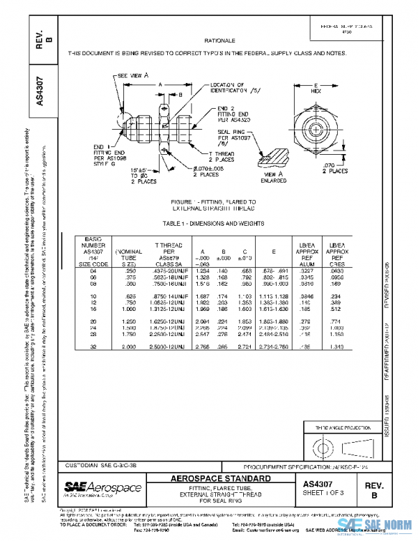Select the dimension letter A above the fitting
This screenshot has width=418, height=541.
pyautogui.click(x=160, y=82)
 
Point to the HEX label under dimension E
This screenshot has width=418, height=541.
pyautogui.click(x=315, y=91)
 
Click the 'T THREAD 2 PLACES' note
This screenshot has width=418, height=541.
pyautogui.click(x=222, y=155)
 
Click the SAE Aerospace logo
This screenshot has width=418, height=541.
pyautogui.click(x=102, y=487)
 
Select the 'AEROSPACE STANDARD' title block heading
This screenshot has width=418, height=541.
pyautogui.click(x=221, y=478)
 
